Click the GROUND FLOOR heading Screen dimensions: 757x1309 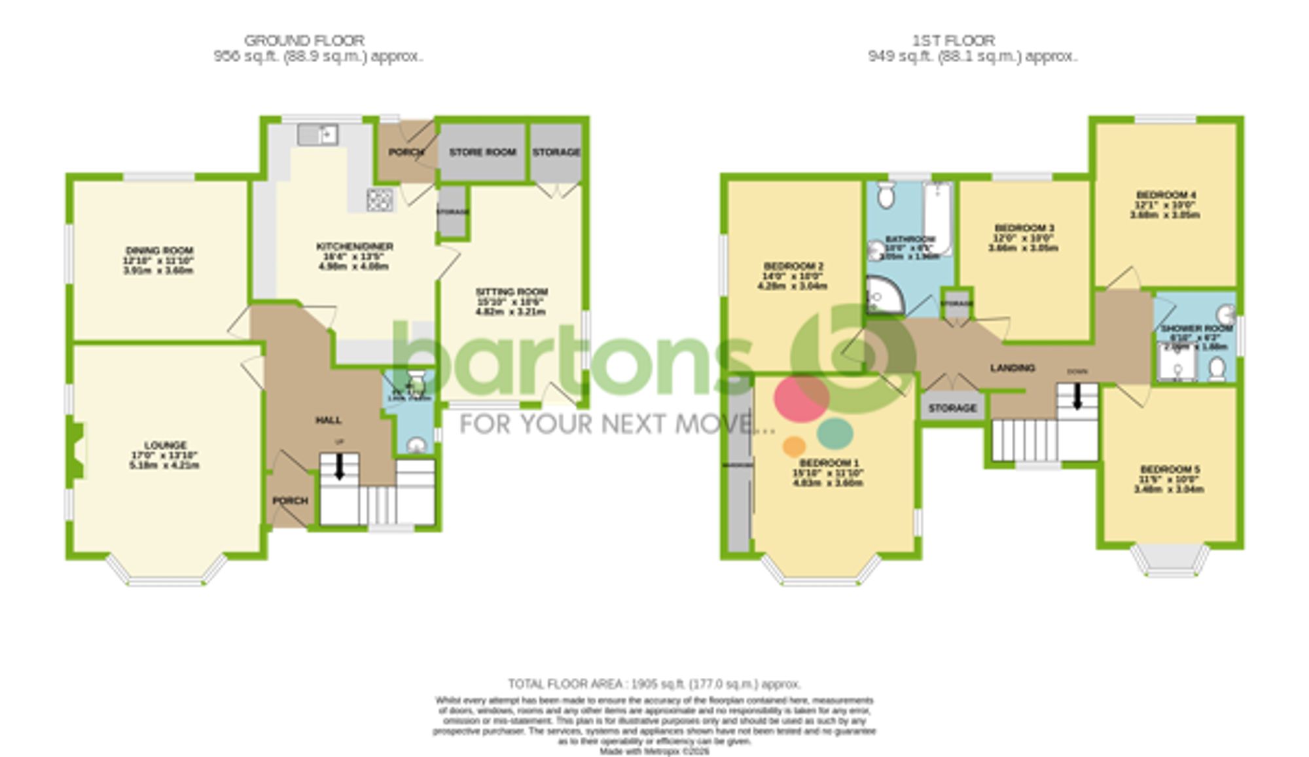[304, 41]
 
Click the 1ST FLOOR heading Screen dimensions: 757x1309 [954, 41]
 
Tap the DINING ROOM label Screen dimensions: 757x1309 [159, 251]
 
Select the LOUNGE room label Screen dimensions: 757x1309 [166, 445]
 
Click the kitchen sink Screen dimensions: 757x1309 [317, 135]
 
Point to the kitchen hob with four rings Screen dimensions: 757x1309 [380, 200]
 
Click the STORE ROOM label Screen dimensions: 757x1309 [482, 152]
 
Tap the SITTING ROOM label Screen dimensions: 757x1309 [511, 292]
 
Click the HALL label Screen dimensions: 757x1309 [329, 420]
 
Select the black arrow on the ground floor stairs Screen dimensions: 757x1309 [339, 467]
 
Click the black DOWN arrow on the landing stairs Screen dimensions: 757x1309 [1077, 396]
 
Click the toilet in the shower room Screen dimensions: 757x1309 [1217, 370]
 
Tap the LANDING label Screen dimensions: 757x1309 [1012, 368]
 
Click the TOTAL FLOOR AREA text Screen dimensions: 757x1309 [654, 684]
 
